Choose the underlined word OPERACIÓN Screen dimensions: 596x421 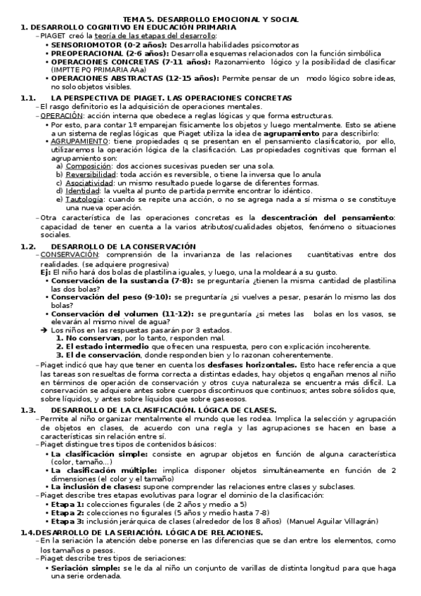58,115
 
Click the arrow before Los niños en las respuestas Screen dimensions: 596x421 44,329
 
